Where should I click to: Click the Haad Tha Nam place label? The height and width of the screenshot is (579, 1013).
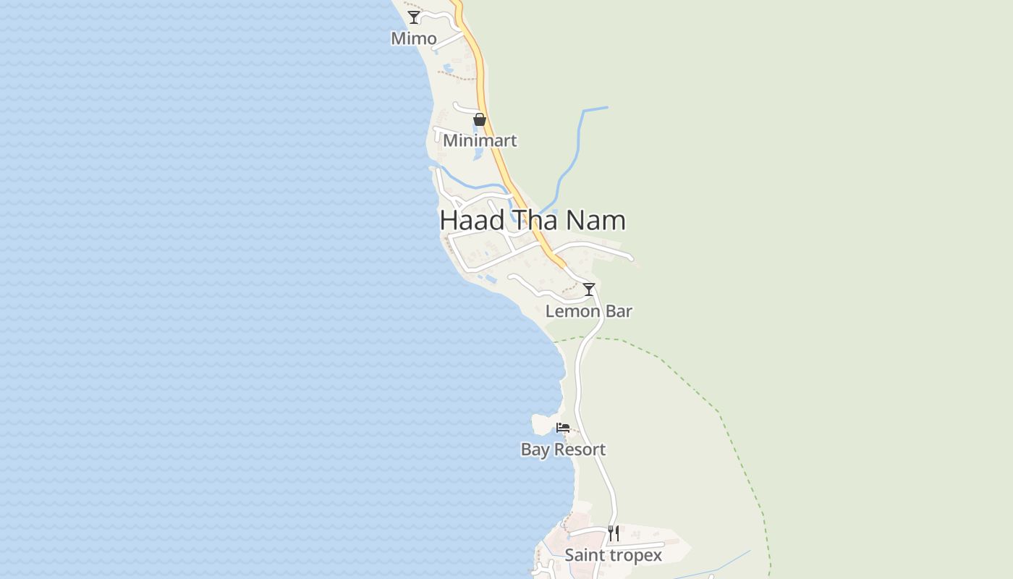coord(533,221)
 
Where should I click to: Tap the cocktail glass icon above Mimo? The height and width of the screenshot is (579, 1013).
coord(414,17)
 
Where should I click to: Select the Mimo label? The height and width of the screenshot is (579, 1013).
coord(414,38)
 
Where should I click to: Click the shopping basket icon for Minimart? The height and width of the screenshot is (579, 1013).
coord(480,119)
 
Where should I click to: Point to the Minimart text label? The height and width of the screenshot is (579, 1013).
coord(480,140)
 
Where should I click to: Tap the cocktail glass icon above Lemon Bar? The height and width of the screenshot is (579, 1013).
coord(589,289)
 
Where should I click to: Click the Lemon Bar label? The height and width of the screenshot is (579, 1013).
coord(589,311)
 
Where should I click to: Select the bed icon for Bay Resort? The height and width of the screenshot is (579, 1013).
coord(563,428)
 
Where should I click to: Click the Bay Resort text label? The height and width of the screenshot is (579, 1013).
coord(563,449)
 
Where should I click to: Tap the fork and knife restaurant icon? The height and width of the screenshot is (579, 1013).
coord(614,533)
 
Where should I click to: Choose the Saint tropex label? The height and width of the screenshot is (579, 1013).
coord(614,555)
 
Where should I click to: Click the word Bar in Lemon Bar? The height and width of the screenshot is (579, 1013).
coord(617,311)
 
